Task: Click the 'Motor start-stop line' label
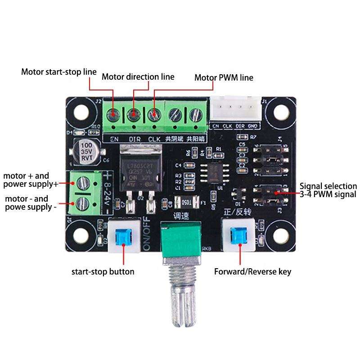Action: tap(59, 72)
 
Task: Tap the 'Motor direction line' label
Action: tap(138, 76)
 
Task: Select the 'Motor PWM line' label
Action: tap(224, 77)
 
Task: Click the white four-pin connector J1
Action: tap(234, 109)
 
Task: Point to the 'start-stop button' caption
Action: tap(103, 272)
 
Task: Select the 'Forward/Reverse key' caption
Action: tap(252, 272)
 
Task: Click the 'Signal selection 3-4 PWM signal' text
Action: tap(328, 190)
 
